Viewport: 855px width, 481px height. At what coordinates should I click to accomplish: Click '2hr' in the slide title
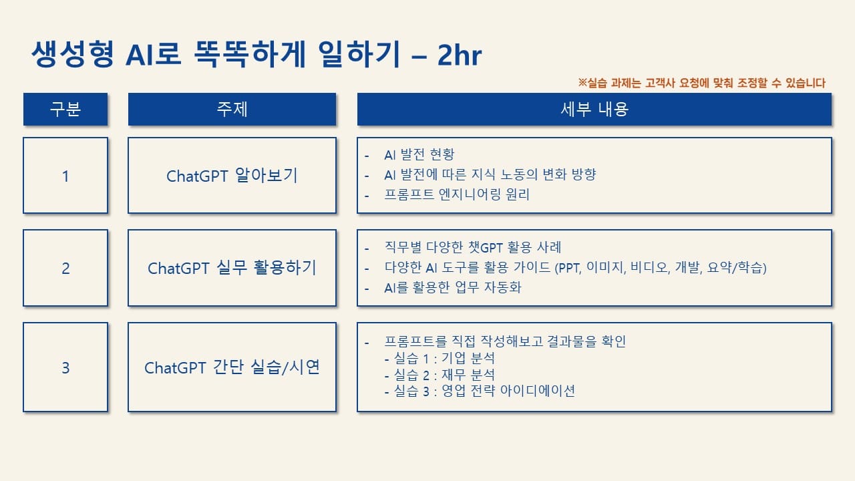[x=460, y=55]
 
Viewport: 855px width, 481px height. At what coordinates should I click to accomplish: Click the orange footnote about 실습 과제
[x=701, y=83]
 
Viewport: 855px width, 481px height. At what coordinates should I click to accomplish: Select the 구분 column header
[x=65, y=109]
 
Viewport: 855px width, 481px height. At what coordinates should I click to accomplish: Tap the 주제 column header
[x=232, y=109]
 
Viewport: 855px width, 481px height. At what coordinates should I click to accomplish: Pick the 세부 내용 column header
[x=594, y=109]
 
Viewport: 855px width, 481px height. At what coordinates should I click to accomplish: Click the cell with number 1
[x=65, y=176]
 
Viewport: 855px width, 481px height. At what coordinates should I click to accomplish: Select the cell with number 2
[x=65, y=268]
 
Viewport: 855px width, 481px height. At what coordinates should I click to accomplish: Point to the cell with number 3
[x=65, y=367]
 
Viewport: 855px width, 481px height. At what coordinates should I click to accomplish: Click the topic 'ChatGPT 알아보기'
[x=232, y=176]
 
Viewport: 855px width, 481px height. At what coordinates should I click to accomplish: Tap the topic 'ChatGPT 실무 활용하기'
[x=232, y=268]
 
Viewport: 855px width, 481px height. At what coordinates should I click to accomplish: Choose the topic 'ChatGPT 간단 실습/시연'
[x=232, y=367]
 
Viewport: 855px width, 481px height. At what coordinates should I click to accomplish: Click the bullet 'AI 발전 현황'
[x=419, y=154]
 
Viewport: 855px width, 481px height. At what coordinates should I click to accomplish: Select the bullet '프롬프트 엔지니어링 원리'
[x=456, y=194]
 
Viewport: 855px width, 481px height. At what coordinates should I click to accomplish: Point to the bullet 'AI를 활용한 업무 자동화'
[x=453, y=287]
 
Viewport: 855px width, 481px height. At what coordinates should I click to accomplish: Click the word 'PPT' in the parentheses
[x=568, y=268]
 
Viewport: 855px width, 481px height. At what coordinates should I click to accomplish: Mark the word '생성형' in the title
[x=73, y=54]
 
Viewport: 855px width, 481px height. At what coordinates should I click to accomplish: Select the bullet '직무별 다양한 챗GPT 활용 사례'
[x=472, y=247]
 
